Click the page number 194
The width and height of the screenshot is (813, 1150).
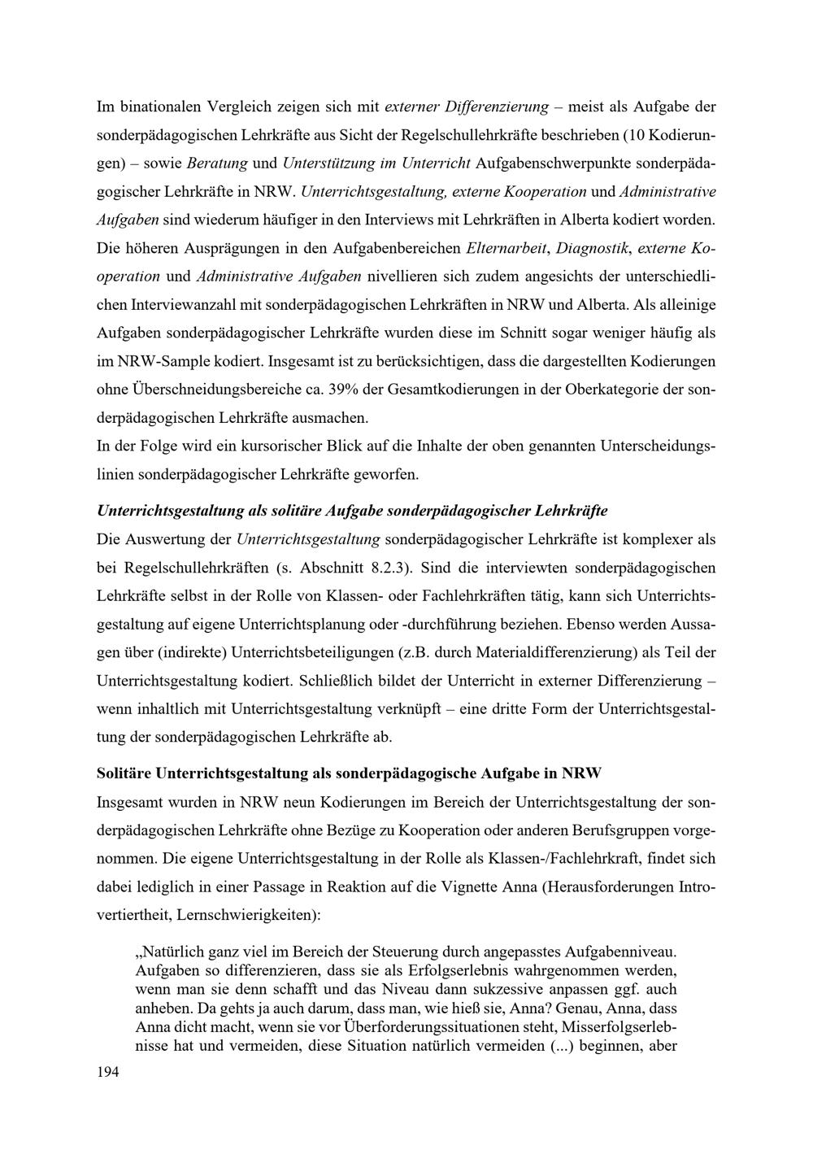pyautogui.click(x=107, y=1073)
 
